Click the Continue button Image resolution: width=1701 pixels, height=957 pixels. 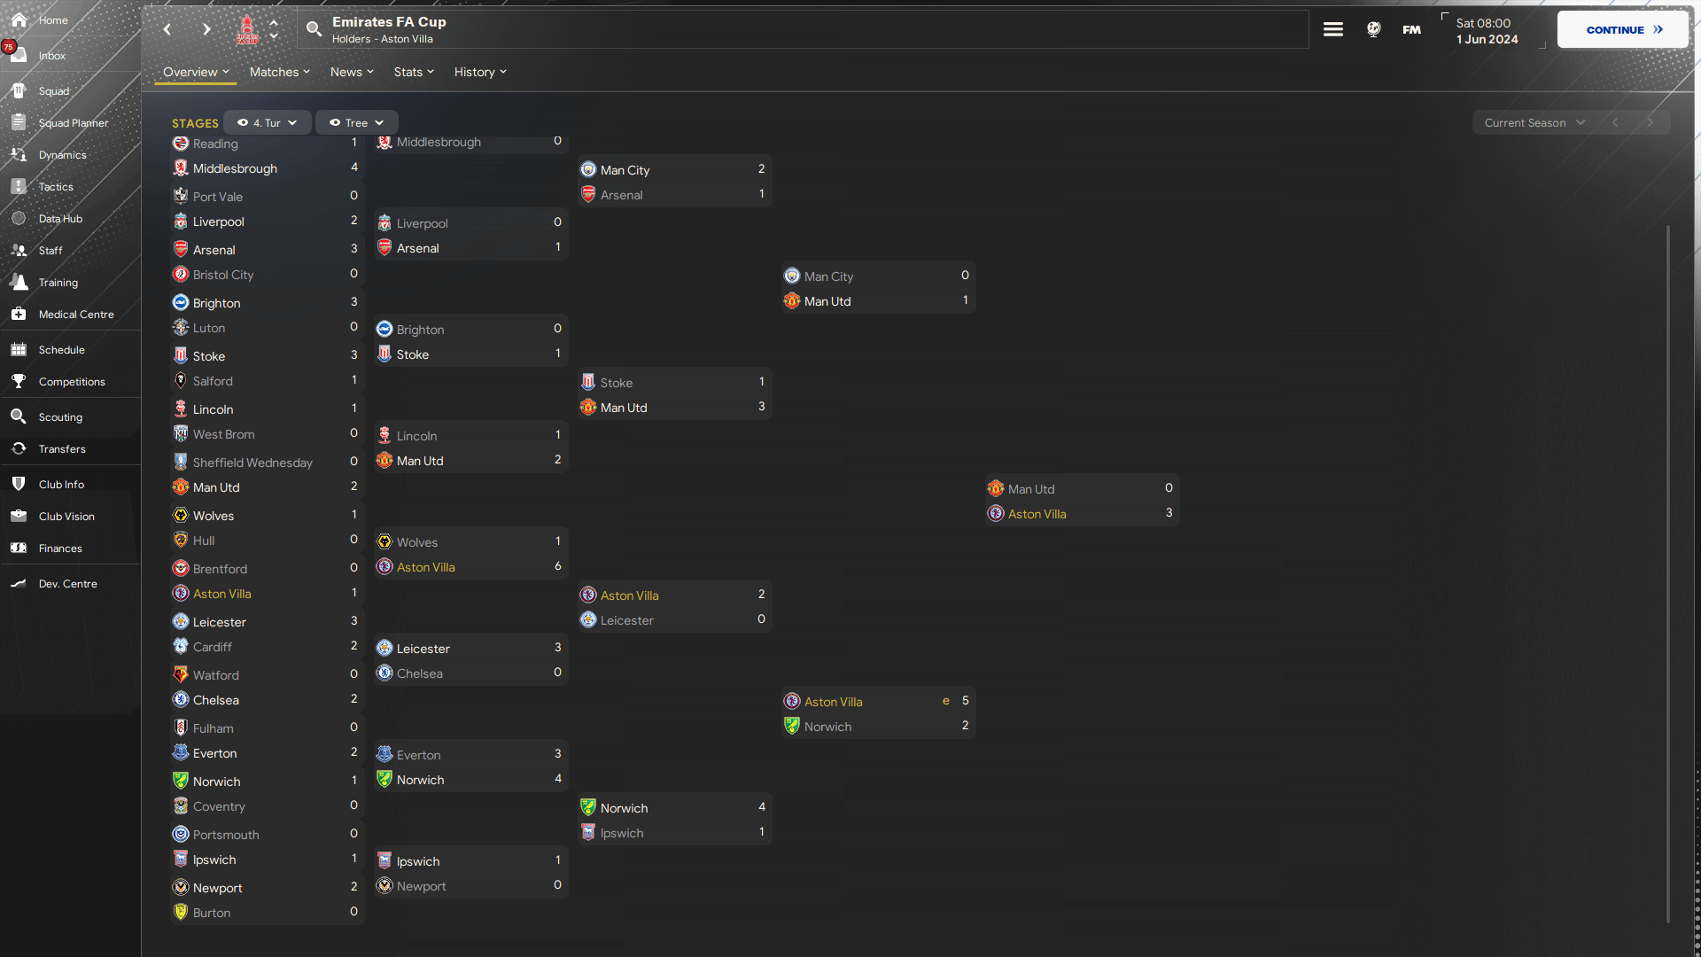pos(1623,29)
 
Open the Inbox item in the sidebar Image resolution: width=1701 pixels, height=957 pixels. pos(51,56)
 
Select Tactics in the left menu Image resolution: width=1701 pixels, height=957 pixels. pos(56,187)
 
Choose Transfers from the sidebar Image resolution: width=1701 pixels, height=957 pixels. pos(62,449)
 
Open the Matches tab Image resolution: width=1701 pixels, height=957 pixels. pos(279,72)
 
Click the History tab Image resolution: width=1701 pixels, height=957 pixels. pos(480,72)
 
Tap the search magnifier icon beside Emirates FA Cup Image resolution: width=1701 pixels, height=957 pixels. pos(314,29)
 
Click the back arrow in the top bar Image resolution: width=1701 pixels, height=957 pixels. pos(167,29)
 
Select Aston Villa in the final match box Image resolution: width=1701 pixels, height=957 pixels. pos(1037,514)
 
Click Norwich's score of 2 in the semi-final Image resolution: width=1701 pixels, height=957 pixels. pos(965,725)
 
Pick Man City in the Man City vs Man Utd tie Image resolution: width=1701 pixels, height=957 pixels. pos(828,276)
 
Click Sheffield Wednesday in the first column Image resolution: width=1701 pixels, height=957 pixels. pos(252,463)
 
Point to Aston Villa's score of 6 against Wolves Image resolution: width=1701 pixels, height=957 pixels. pos(557,565)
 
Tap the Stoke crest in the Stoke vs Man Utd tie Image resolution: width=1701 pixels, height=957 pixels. pos(588,382)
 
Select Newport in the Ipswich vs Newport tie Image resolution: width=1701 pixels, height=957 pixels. pos(421,886)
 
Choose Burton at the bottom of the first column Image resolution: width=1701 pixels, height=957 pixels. pos(212,913)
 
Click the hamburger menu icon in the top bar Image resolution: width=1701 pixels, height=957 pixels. pos(1333,29)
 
